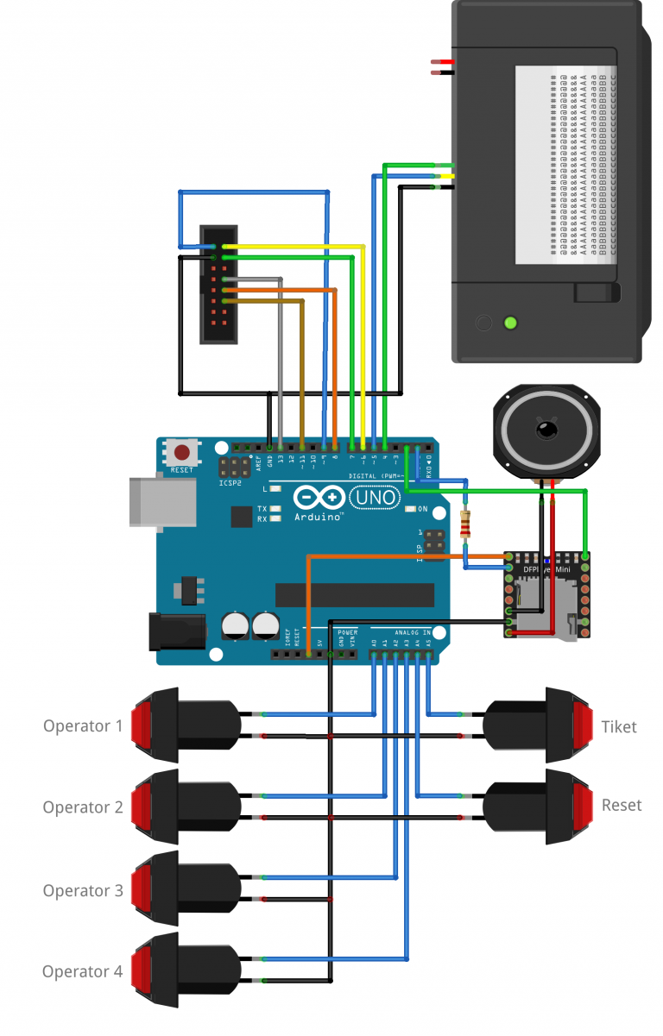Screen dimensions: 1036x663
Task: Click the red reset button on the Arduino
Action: [x=182, y=452]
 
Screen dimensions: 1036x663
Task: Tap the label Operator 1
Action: [x=83, y=726]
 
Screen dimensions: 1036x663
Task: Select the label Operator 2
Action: [x=83, y=807]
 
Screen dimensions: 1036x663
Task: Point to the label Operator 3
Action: [x=83, y=890]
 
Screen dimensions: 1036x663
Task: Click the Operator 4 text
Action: [x=83, y=971]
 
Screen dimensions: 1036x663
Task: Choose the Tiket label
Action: [x=619, y=727]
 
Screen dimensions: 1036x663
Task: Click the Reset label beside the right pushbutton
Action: [x=622, y=805]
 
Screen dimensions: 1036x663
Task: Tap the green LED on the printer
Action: [x=510, y=323]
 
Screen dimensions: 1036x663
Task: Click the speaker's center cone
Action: [x=544, y=429]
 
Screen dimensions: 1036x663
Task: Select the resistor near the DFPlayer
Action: [x=467, y=524]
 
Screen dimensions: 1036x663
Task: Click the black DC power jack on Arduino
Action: [x=176, y=631]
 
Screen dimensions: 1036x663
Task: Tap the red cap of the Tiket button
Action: [x=582, y=725]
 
